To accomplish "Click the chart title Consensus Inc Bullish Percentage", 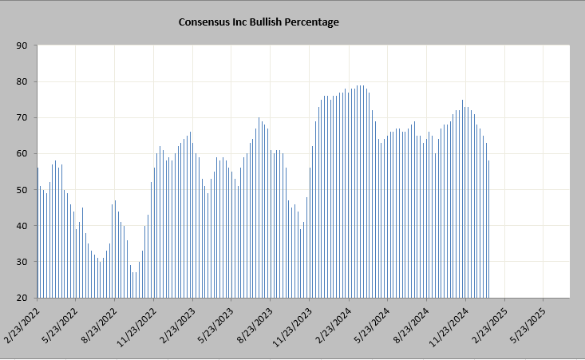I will click(x=259, y=22).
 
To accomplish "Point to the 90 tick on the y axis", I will click(x=22, y=45).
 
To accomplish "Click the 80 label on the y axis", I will click(x=22, y=81).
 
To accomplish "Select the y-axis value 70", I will click(x=22, y=117).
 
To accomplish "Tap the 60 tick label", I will click(x=22, y=153).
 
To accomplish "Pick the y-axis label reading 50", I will click(x=22, y=190).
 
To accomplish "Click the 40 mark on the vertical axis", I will click(x=22, y=226).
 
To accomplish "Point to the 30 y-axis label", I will click(x=22, y=262).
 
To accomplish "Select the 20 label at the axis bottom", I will click(x=22, y=298).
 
